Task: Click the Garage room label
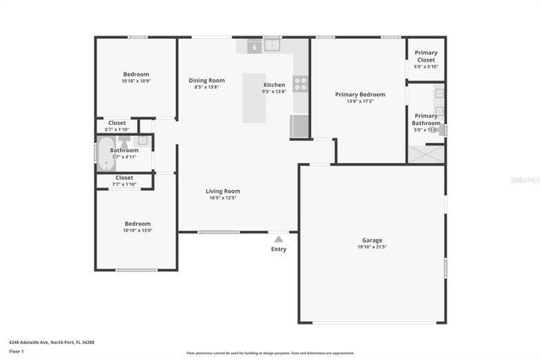pos(372,241)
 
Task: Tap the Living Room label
pos(223,191)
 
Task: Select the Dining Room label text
pos(206,80)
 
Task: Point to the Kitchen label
pos(275,85)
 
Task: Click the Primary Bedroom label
pos(360,95)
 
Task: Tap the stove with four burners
pos(300,83)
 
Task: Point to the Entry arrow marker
pos(278,238)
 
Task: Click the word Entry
pos(278,249)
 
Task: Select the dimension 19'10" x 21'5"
pos(372,248)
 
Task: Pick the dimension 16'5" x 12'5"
pos(223,199)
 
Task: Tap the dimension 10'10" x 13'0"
pos(136,231)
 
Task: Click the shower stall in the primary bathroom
pos(426,154)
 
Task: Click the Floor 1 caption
pos(17,350)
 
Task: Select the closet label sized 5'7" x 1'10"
pos(117,129)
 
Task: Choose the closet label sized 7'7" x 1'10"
pos(124,184)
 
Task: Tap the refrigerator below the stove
pos(300,126)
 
